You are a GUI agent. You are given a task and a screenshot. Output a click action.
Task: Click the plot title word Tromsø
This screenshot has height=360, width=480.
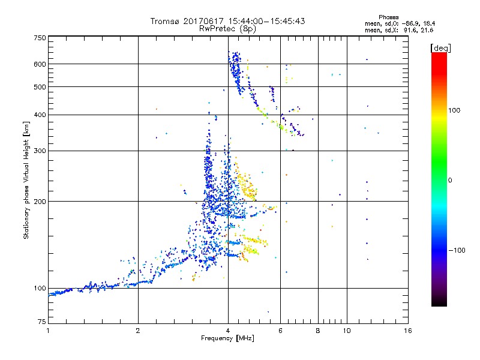(x=164, y=21)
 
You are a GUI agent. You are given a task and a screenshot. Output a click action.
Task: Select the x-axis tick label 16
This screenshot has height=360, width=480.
(x=407, y=331)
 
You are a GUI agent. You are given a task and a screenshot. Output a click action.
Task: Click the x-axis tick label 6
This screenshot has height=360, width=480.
(x=280, y=331)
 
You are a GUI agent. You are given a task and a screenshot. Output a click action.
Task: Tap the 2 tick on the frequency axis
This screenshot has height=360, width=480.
(x=138, y=331)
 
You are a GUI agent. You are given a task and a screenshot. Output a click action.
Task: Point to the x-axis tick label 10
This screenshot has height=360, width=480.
(x=346, y=331)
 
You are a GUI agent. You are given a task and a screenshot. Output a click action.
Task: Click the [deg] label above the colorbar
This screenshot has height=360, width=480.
(x=440, y=47)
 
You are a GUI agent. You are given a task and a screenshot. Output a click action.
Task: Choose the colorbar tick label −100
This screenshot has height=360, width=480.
(x=458, y=250)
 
